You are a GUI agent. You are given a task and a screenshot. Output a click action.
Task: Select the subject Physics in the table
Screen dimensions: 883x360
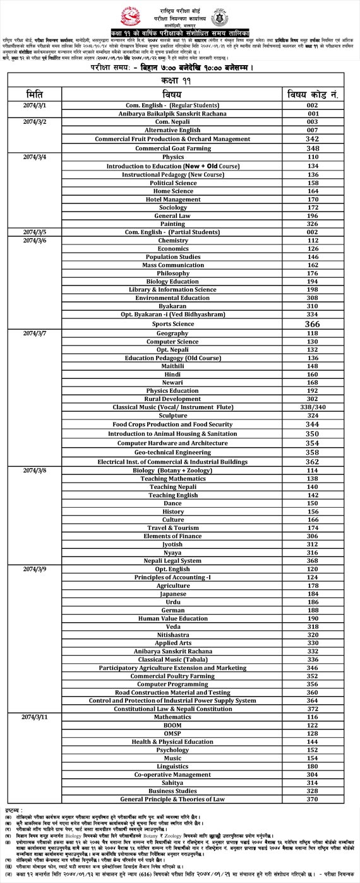click(x=172, y=157)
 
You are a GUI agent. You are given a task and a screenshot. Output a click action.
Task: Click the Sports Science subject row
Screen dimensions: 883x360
click(x=172, y=323)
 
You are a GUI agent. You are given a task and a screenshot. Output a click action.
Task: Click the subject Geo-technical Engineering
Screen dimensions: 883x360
click(x=172, y=452)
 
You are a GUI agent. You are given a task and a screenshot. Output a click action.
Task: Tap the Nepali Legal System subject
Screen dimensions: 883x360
click(x=172, y=560)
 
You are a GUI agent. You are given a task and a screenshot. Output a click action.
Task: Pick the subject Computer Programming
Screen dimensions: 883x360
click(x=172, y=683)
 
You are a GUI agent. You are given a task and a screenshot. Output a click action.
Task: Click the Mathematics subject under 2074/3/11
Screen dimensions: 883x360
click(x=172, y=718)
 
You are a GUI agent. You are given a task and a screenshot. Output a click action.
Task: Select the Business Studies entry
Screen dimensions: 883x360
click(x=172, y=790)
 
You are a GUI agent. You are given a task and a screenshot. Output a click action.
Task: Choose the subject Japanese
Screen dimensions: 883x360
click(x=172, y=594)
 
